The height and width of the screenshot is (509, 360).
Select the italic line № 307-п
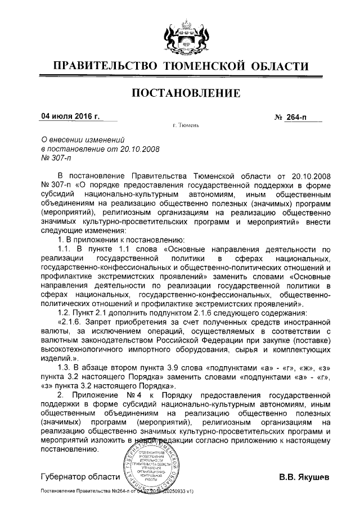54,159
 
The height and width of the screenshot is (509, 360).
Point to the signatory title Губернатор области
80,478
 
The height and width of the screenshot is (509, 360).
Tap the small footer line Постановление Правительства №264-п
84,491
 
